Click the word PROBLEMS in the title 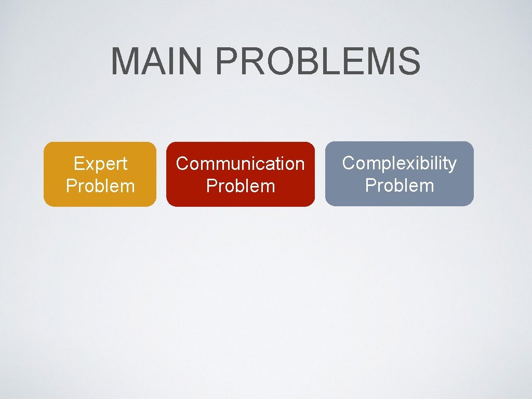[x=317, y=61]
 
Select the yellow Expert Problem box [x=100, y=175]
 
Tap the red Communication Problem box [x=241, y=175]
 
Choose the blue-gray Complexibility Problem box [x=400, y=174]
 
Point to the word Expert [x=100, y=164]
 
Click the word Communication [x=241, y=164]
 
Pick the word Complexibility [x=400, y=163]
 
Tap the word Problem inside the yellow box [x=100, y=186]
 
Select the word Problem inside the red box [x=241, y=186]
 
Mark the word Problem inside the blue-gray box [x=400, y=185]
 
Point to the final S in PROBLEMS [x=408, y=61]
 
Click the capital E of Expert [x=78, y=164]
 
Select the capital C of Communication [x=182, y=164]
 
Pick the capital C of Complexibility [x=348, y=163]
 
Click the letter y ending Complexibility [x=452, y=165]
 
